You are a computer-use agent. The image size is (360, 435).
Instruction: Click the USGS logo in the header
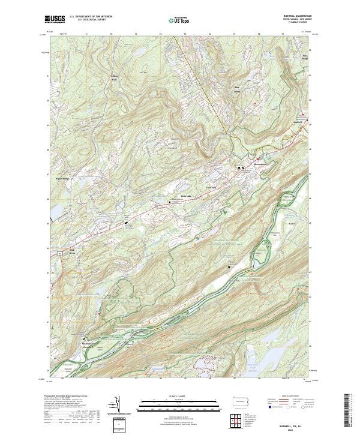click(x=55, y=20)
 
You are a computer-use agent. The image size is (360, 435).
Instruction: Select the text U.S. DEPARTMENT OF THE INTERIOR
click(x=91, y=17)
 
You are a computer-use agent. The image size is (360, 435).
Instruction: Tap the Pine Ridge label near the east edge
click(x=305, y=57)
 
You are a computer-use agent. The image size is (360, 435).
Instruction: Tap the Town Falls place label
click(x=211, y=187)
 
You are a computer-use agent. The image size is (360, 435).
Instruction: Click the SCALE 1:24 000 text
click(x=180, y=394)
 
